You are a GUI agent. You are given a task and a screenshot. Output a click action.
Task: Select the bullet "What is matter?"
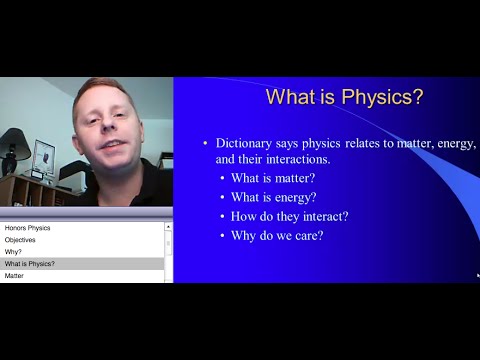(x=272, y=179)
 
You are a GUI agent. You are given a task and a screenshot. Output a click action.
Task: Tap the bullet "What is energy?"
(x=273, y=198)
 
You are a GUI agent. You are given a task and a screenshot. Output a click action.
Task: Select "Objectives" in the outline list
(x=21, y=240)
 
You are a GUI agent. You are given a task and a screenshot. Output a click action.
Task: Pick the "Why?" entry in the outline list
(x=13, y=252)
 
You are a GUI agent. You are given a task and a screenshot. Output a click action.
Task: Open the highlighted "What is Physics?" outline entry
(x=30, y=264)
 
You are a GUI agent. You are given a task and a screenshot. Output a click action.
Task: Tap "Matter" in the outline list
(x=14, y=276)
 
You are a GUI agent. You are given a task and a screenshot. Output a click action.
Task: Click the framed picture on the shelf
(x=44, y=156)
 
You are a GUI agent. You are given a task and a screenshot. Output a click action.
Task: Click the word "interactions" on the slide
(x=296, y=159)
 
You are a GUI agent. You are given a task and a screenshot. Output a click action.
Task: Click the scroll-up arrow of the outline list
(x=168, y=227)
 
